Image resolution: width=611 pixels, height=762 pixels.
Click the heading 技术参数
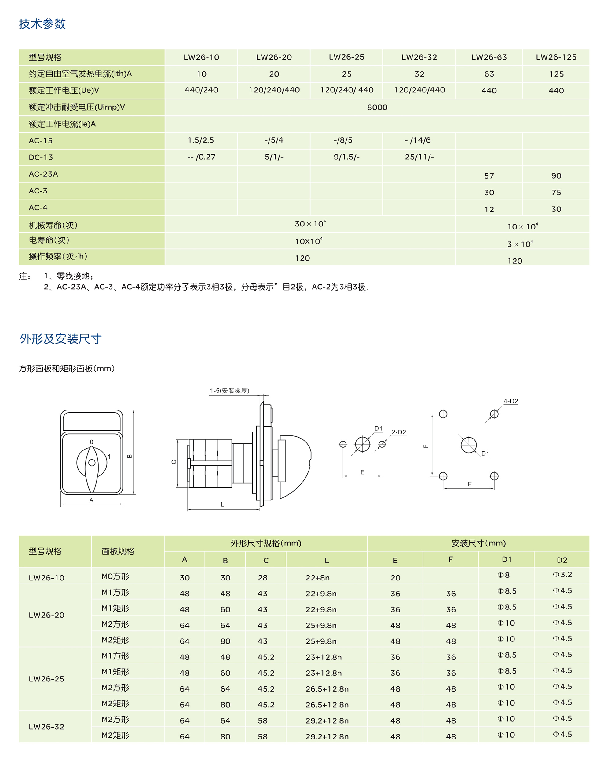coord(42,24)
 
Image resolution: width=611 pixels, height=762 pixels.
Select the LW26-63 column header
coord(488,57)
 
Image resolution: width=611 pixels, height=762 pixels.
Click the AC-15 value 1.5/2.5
coord(201,140)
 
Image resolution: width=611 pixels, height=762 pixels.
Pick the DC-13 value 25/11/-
coord(419,157)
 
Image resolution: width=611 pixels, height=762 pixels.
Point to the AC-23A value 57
coord(488,176)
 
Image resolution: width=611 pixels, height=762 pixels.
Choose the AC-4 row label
coord(38,208)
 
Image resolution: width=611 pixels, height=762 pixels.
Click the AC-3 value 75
coord(556,193)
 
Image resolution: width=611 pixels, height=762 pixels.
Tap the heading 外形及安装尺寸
coord(60,339)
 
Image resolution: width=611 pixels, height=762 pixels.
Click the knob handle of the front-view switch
coord(92,468)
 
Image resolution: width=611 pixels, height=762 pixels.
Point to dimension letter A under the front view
coord(91,500)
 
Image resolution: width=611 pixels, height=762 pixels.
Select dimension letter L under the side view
coord(222,504)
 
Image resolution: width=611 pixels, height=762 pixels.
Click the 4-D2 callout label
coord(510,401)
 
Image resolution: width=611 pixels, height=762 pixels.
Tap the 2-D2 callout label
coord(398,432)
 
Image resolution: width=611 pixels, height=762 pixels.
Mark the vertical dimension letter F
coord(426,446)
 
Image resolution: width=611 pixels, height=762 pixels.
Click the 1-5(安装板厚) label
coord(230,391)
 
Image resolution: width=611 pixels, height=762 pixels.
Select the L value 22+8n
coord(317,577)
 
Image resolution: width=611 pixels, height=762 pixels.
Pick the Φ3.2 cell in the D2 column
coord(562,575)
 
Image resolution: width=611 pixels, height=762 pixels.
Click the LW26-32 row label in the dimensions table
coord(46,727)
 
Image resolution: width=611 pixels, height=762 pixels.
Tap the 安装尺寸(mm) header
coord(478,543)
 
